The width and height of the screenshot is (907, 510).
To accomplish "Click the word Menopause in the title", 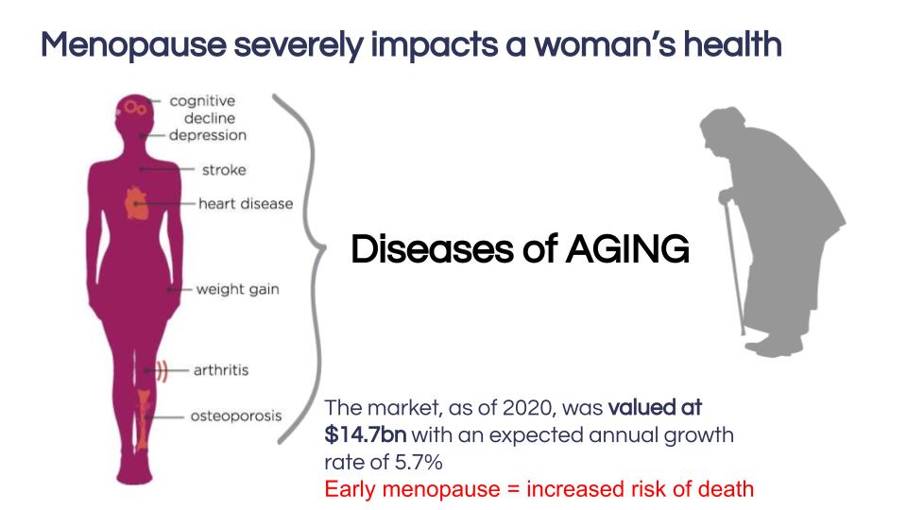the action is tap(133, 45).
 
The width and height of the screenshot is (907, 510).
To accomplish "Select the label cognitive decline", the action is tap(202, 110).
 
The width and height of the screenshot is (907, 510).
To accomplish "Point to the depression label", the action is tap(208, 135).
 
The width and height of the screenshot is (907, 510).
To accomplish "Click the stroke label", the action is tap(225, 170).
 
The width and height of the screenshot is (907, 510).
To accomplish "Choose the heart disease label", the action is tap(246, 204).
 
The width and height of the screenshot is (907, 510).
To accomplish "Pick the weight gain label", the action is tap(238, 289).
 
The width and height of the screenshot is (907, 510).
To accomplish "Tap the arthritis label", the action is tap(221, 370).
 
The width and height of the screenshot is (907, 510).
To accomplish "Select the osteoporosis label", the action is tap(236, 416).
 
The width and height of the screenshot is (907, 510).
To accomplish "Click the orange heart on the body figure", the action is tap(136, 203).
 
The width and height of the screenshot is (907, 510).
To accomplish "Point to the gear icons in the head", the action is tap(134, 108).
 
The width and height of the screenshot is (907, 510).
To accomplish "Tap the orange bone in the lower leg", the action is tap(143, 419).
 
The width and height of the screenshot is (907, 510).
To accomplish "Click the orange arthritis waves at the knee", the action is tap(162, 370).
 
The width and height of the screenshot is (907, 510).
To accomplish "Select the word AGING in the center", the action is tap(627, 249).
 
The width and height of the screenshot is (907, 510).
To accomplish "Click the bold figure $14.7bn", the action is tap(366, 434).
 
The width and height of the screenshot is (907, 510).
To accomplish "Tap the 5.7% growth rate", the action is tap(419, 462).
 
